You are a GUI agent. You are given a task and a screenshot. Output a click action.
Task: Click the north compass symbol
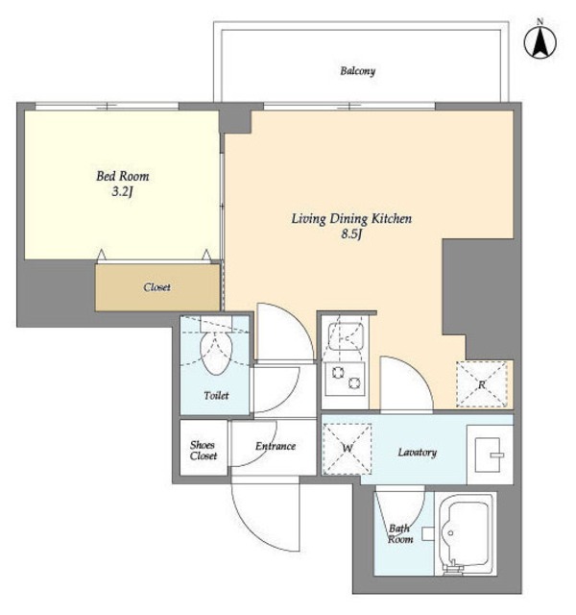tap(540, 41)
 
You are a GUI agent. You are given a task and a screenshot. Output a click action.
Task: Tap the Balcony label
tap(357, 71)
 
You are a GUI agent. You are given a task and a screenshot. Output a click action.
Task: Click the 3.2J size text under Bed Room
tap(123, 192)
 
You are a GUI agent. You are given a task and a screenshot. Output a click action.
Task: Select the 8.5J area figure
tap(351, 234)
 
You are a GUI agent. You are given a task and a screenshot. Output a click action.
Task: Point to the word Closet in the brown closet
tap(156, 287)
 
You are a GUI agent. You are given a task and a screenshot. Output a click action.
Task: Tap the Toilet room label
tap(216, 395)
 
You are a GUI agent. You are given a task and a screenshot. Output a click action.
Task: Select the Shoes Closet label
tap(204, 451)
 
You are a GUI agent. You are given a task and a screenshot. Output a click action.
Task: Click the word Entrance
tap(276, 446)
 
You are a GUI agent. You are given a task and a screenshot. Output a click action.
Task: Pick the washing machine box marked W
tap(348, 449)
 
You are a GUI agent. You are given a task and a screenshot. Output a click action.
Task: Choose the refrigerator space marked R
tap(482, 384)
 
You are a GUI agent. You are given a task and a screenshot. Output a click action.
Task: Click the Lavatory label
tap(418, 453)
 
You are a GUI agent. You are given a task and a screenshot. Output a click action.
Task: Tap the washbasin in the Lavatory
tap(489, 455)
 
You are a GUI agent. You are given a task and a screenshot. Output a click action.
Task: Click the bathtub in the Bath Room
tap(466, 533)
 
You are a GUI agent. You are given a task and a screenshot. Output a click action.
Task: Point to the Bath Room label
tap(400, 534)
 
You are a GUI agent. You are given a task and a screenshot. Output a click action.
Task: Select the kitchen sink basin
tap(346, 336)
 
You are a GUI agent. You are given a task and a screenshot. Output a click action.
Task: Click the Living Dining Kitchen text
tap(351, 218)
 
